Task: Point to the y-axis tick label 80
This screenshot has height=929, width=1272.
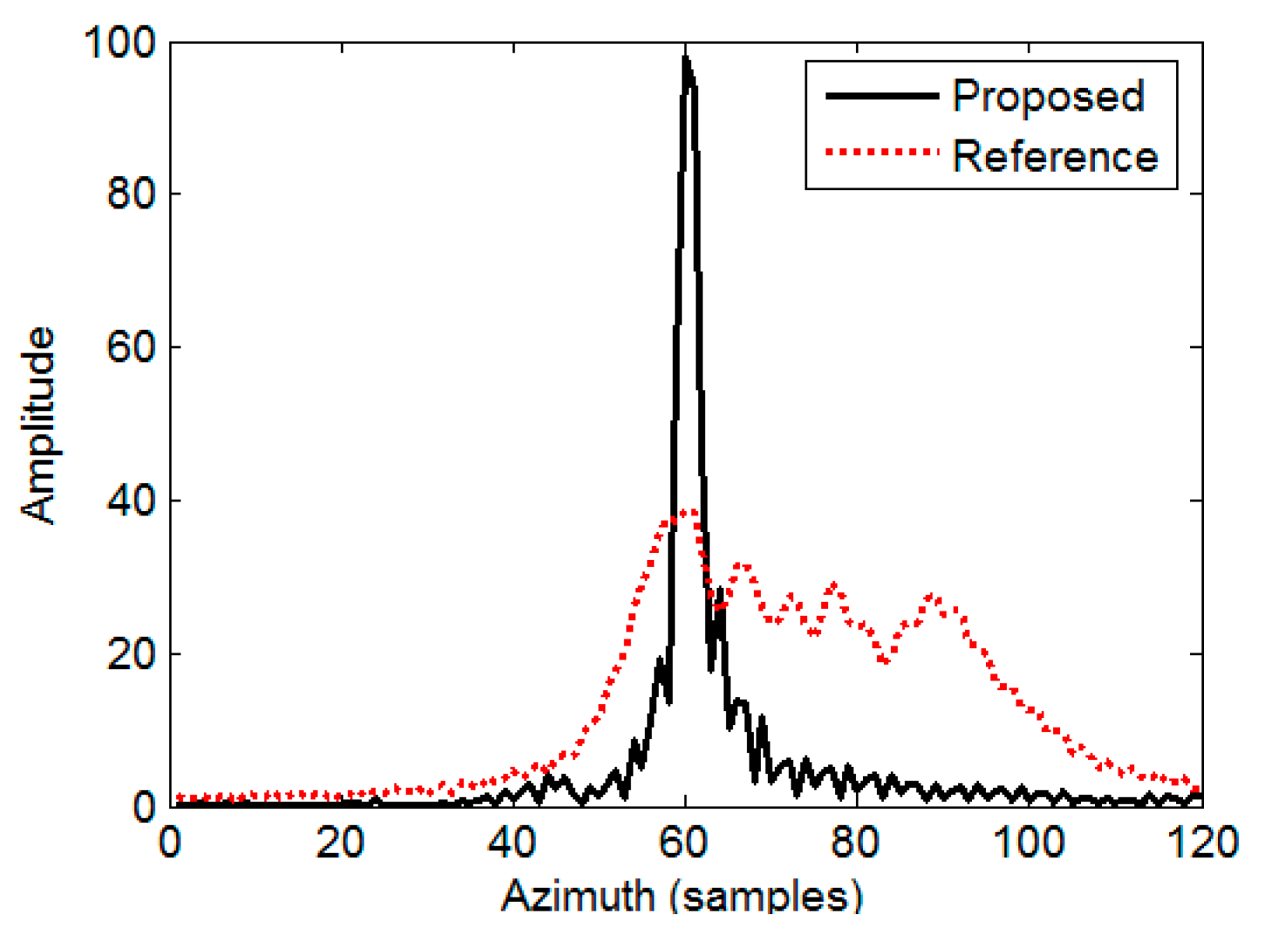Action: pos(131,194)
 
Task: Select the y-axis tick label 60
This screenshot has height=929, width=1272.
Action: pos(131,347)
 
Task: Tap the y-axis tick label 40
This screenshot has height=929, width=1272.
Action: pos(131,501)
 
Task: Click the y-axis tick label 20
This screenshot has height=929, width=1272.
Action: pos(131,654)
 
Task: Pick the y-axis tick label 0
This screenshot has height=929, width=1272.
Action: pos(143,808)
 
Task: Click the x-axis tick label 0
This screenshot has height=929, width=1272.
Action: pos(170,844)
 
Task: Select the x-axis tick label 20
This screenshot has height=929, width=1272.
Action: pos(341,844)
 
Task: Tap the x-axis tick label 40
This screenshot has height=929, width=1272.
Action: pos(513,844)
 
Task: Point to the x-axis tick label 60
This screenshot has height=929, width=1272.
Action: pos(686,844)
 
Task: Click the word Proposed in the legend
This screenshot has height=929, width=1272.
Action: pos(1048,96)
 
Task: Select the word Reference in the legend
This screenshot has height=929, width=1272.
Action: pos(1055,157)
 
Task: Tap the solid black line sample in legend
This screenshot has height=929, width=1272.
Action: pos(881,96)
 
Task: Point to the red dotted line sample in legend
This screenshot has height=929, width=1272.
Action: pos(881,153)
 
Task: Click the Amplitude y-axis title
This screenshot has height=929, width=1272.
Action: pos(38,425)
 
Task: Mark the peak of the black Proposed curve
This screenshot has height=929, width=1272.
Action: pos(686,58)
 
